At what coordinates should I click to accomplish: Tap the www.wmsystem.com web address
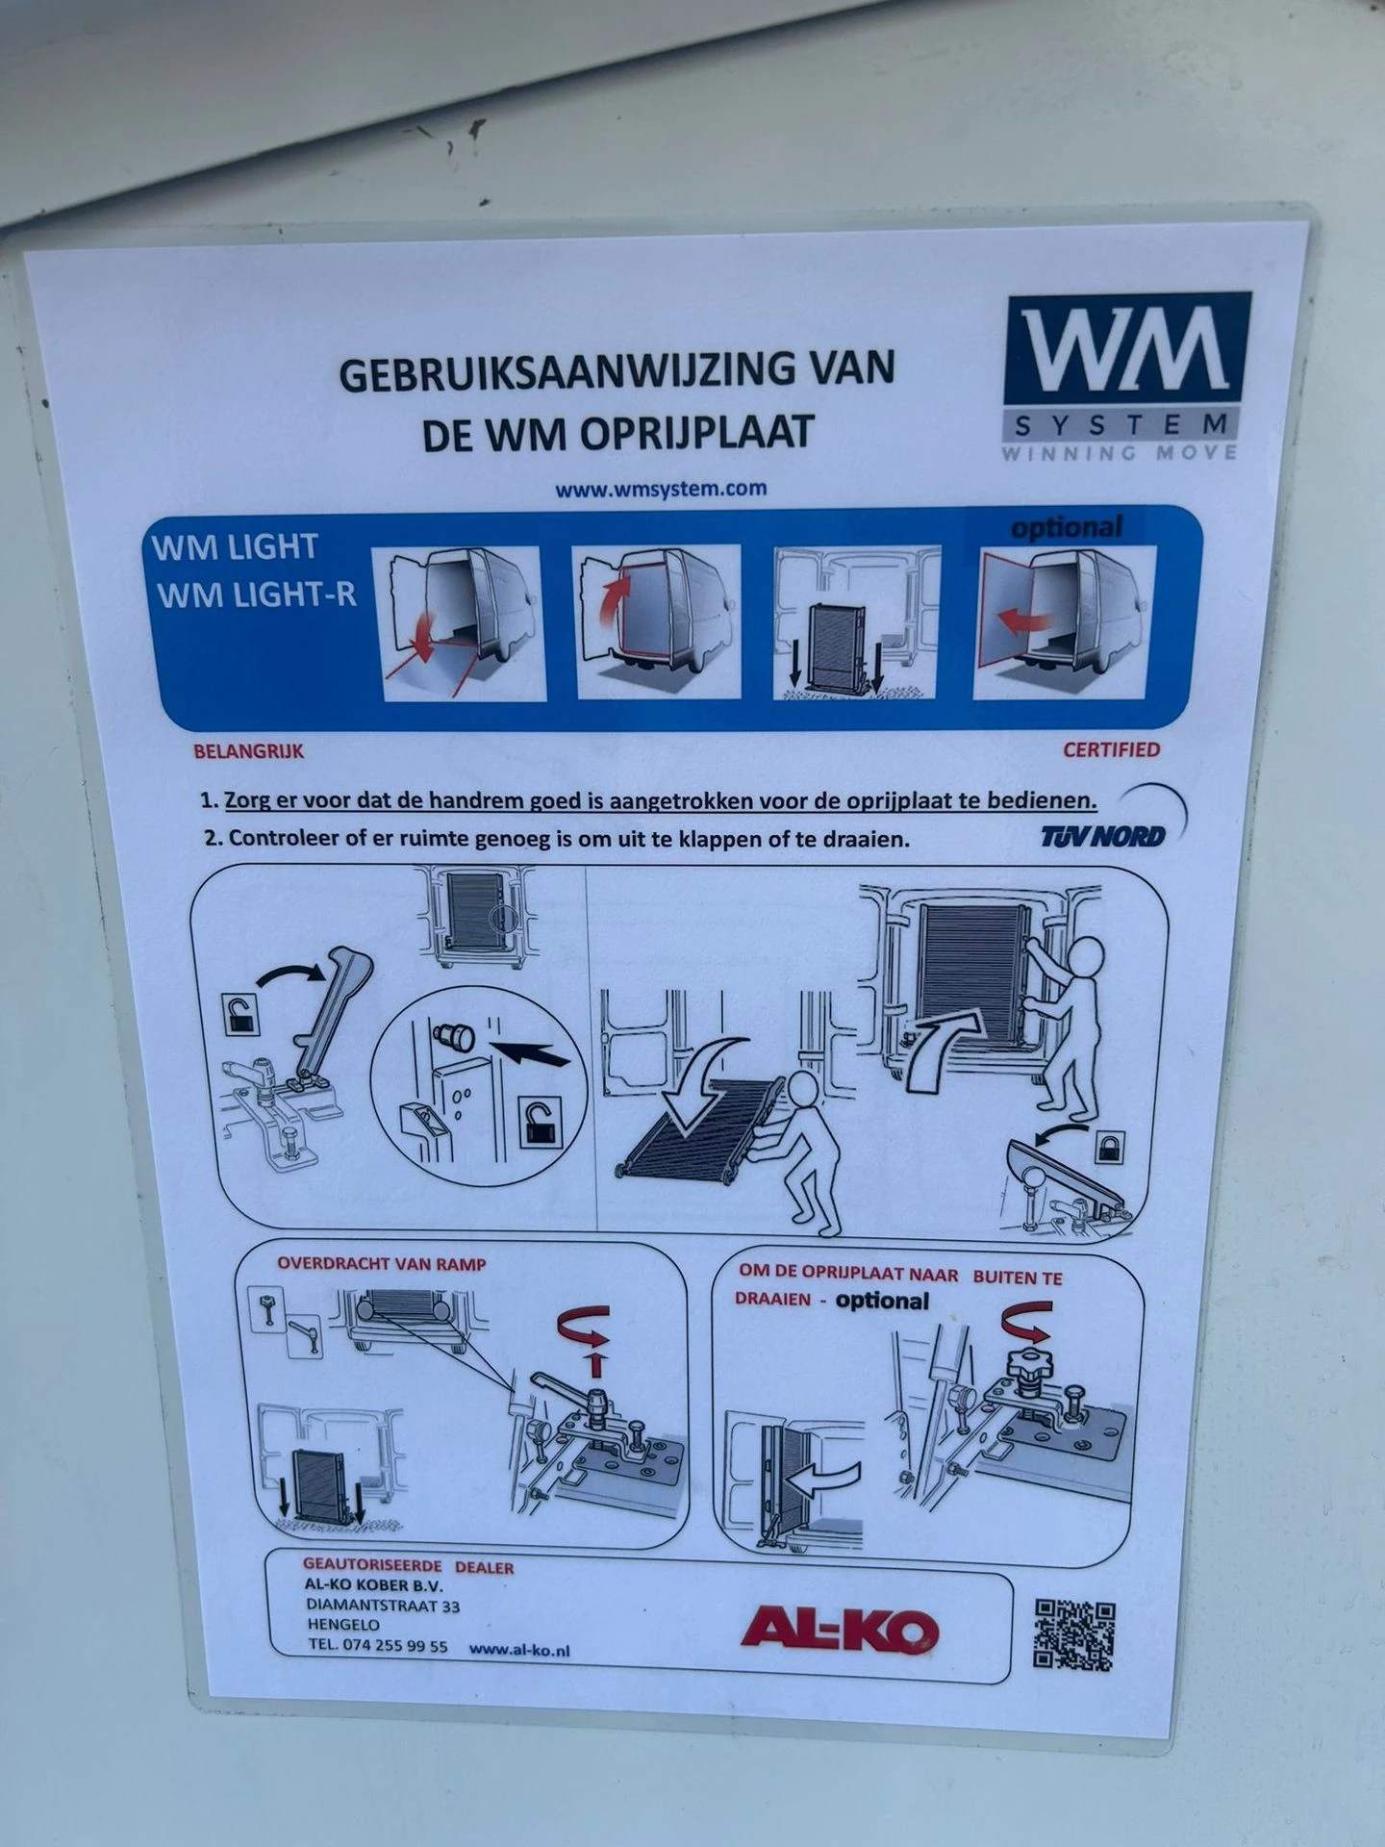[x=661, y=489]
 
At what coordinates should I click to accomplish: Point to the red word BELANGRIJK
[x=248, y=751]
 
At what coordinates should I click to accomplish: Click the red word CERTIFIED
[x=1111, y=749]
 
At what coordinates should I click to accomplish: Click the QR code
[x=1074, y=1634]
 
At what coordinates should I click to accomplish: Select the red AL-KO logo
[x=840, y=1629]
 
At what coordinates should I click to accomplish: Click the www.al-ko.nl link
[x=519, y=1649]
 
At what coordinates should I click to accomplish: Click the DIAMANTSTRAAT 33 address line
[x=383, y=1606]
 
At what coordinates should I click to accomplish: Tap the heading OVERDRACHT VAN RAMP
[x=382, y=1263]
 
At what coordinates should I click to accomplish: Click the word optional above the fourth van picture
[x=1067, y=528]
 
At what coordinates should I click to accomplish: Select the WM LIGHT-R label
[x=257, y=595]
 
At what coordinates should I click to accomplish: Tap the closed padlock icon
[x=1108, y=1146]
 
